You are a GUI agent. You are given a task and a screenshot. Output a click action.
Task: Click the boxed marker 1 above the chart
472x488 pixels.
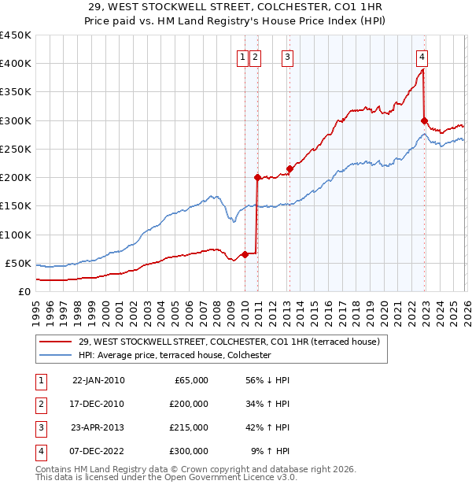pyautogui.click(x=243, y=56)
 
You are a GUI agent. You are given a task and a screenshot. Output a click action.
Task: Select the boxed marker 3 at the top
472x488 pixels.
pyautogui.click(x=288, y=56)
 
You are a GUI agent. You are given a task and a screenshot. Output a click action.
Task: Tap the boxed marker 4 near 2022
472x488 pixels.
pyautogui.click(x=422, y=56)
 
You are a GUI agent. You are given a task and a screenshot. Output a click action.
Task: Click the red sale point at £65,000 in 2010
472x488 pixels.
pyautogui.click(x=245, y=254)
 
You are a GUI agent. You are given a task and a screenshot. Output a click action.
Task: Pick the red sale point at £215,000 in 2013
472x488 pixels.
pyautogui.click(x=289, y=168)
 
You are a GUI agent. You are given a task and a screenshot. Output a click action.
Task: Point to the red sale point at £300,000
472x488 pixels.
pyautogui.click(x=424, y=120)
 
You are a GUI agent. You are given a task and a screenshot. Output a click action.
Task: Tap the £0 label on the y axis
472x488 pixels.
pyautogui.click(x=24, y=291)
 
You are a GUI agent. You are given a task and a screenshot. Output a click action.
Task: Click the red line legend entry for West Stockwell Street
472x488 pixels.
pyautogui.click(x=229, y=342)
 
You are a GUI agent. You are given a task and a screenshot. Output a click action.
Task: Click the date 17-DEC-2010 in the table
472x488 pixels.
pyautogui.click(x=98, y=404)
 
